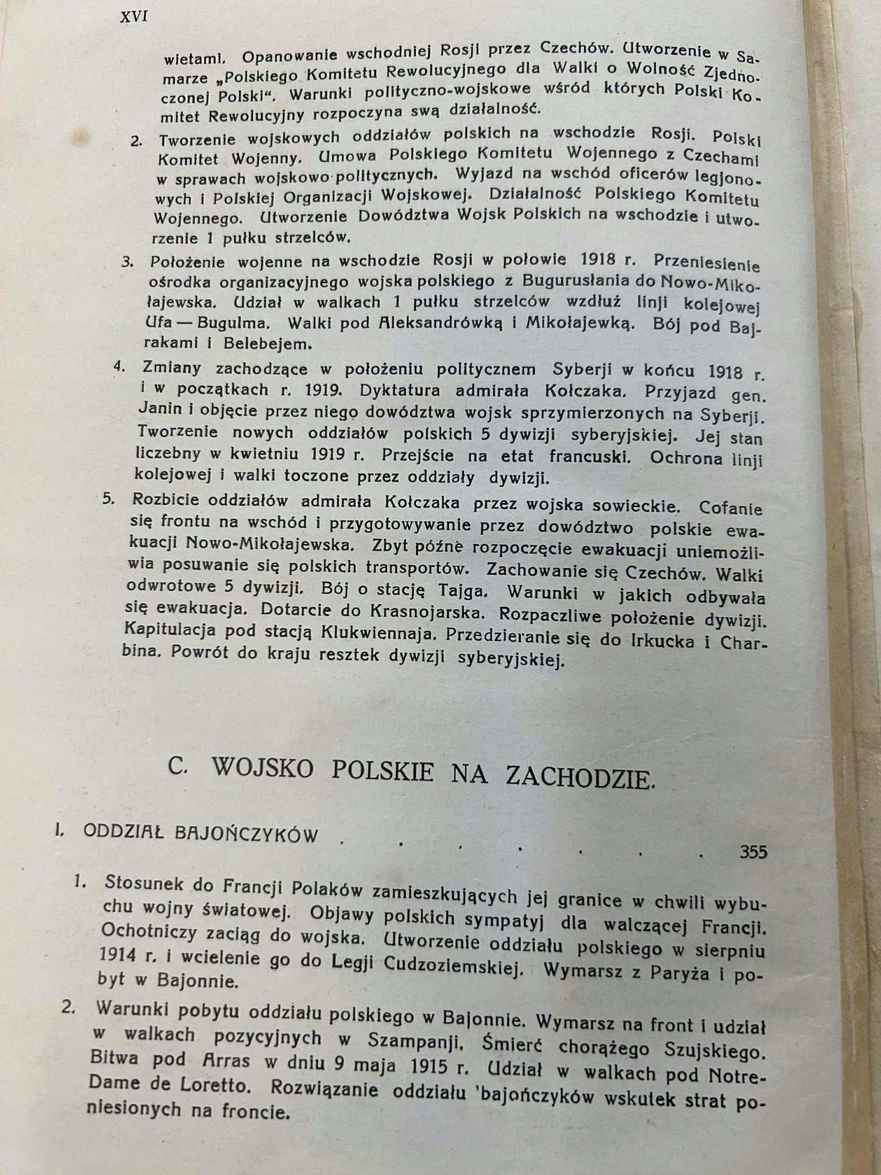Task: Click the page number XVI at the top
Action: [x=134, y=17]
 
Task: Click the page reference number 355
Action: [x=753, y=851]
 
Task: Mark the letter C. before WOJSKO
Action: [x=178, y=766]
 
